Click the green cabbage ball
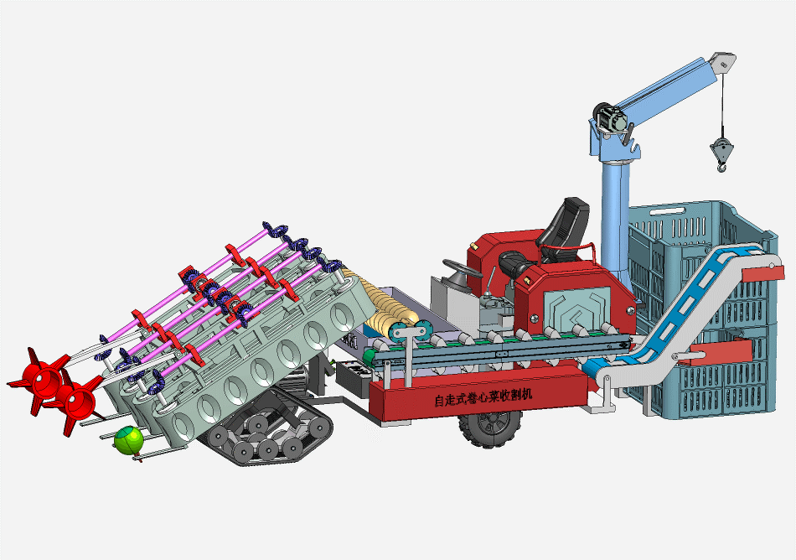128,440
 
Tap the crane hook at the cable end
721,155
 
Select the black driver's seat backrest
566,222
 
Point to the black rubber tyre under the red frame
491,428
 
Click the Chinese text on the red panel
483,395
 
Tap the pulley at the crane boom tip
723,62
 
